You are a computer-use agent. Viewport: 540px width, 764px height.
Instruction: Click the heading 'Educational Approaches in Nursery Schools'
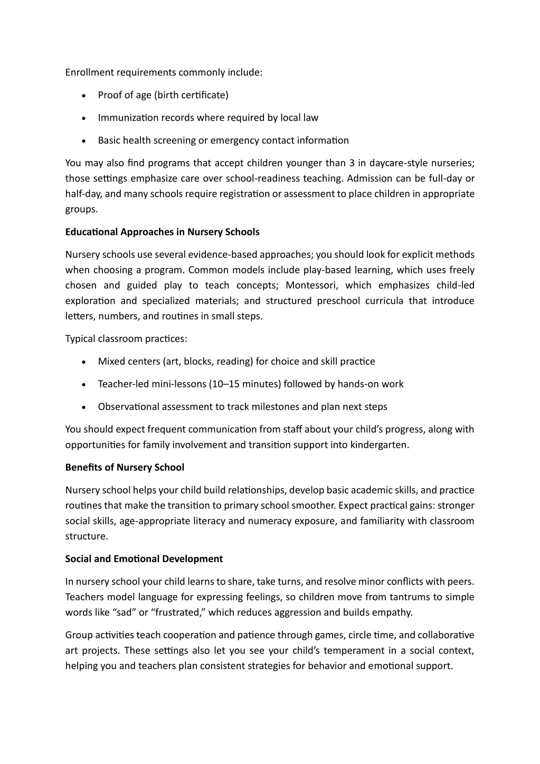pos(162,232)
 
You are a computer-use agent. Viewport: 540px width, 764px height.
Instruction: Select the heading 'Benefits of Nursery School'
pos(125,467)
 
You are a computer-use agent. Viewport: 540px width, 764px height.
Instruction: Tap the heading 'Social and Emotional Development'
pos(144,559)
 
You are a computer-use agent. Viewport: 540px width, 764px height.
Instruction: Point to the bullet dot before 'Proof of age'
pos(84,96)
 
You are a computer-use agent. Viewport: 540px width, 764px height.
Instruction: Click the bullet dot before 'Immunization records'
pos(84,118)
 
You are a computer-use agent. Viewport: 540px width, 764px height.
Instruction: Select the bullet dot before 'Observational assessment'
pos(84,407)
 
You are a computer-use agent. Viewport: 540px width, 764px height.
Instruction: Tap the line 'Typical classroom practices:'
pos(126,338)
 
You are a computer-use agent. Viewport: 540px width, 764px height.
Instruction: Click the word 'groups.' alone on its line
pos(81,209)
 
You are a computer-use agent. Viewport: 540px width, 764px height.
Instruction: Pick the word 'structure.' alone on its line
pos(87,536)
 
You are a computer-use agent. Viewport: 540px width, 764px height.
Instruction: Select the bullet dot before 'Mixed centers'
pos(84,362)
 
